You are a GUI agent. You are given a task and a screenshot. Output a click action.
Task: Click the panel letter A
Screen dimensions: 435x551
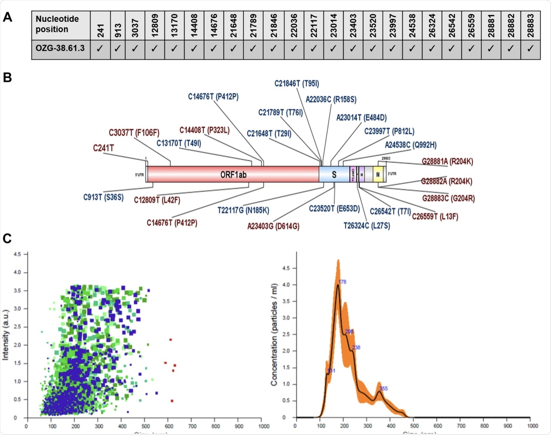pyautogui.click(x=7, y=17)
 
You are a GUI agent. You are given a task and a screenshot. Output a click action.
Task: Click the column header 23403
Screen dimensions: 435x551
pyautogui.click(x=353, y=25)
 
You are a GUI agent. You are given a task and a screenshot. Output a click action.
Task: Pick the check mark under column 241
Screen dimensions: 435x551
pyautogui.click(x=100, y=49)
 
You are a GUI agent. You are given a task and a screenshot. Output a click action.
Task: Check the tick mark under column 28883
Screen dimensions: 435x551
pyautogui.click(x=530, y=49)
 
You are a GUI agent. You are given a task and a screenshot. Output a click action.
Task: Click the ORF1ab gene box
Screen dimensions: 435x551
pyautogui.click(x=233, y=174)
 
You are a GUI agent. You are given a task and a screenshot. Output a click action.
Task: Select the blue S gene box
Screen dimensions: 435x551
pyautogui.click(x=334, y=174)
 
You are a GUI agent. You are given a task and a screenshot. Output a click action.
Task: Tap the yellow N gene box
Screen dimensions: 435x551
pyautogui.click(x=378, y=174)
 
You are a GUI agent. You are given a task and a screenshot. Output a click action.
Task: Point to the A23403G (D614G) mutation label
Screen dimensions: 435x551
pyautogui.click(x=273, y=226)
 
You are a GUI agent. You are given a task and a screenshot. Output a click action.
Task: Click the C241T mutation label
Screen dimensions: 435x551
pyautogui.click(x=104, y=148)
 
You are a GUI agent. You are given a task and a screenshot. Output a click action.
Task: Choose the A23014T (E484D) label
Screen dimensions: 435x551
pyautogui.click(x=361, y=118)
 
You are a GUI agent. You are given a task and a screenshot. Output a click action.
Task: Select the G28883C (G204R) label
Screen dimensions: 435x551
pyautogui.click(x=448, y=198)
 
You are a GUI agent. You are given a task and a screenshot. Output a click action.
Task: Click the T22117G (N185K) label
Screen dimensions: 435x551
pyautogui.click(x=243, y=211)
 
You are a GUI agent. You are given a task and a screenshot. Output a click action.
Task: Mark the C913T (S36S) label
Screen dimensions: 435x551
pyautogui.click(x=104, y=197)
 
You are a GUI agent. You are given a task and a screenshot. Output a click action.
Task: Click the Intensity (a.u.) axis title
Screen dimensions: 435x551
pyautogui.click(x=6, y=335)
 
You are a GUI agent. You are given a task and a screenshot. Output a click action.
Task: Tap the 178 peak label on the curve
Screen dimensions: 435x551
pyautogui.click(x=343, y=282)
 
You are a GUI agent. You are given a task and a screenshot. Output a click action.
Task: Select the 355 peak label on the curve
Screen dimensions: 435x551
pyautogui.click(x=383, y=388)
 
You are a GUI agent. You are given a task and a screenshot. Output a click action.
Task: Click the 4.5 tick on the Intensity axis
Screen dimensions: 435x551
pyautogui.click(x=17, y=254)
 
